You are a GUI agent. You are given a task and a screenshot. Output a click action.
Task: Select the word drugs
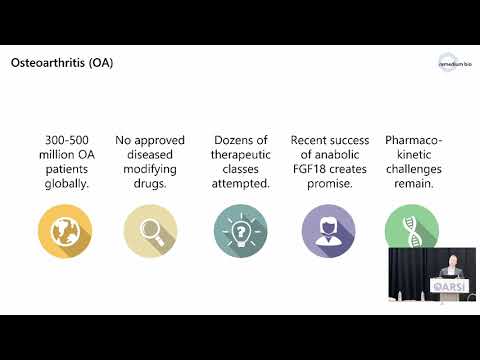149,184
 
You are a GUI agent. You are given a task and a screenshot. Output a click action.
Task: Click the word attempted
241,184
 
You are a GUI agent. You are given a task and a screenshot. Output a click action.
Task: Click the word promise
327,184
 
